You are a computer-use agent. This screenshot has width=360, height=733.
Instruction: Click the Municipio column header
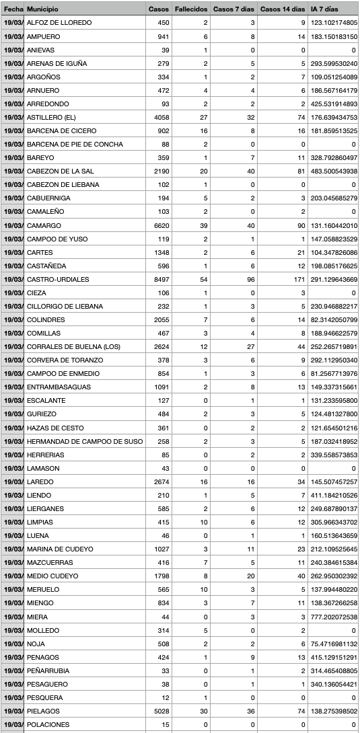coord(42,9)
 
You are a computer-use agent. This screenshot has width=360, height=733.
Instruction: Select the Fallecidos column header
coord(190,9)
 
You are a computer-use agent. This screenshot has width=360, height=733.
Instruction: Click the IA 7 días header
coord(324,9)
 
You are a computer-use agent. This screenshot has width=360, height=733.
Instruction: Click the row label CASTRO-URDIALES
coord(54,279)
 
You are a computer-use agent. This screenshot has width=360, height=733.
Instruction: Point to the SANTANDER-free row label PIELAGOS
coord(43,710)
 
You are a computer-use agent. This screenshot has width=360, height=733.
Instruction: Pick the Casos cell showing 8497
coord(159,279)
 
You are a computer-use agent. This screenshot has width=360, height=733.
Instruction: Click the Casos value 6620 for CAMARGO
coord(159,225)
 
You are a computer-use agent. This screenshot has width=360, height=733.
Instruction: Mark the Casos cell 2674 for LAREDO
coord(159,481)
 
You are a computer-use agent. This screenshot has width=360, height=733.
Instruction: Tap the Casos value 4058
coord(159,117)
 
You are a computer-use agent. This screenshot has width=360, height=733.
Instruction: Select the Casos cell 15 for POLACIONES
coord(165,724)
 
